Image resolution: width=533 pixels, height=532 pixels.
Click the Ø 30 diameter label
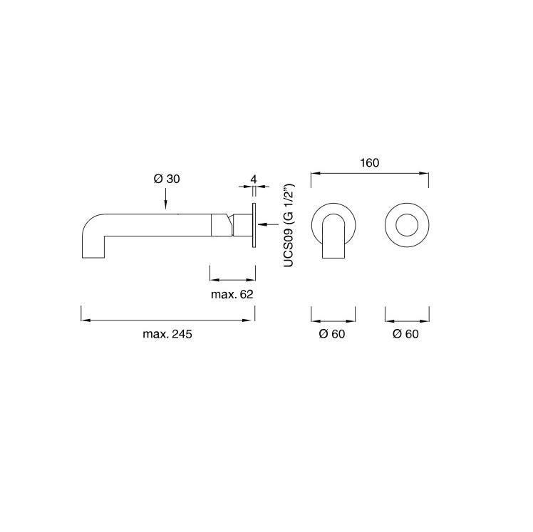(167, 179)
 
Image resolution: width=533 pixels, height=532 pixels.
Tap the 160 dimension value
(370, 162)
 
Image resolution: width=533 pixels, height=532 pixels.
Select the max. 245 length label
(167, 334)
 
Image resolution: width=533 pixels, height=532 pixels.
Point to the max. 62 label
(232, 294)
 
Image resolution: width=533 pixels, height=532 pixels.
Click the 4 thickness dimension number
(254, 179)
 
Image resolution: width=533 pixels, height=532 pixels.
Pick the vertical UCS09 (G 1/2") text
(289, 226)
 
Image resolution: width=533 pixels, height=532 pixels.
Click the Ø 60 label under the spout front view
(332, 334)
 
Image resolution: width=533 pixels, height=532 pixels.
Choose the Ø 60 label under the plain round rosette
(405, 334)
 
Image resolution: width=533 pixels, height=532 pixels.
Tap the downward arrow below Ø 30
(165, 199)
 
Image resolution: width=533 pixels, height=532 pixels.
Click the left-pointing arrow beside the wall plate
(268, 224)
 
